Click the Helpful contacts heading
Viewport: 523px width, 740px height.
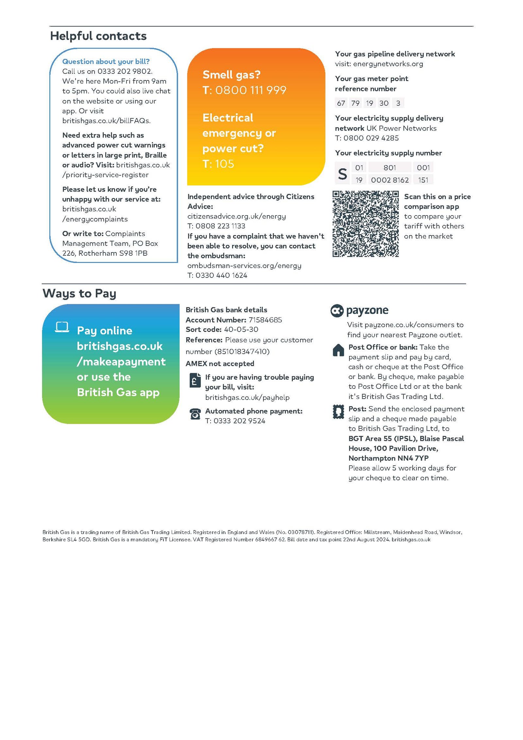click(x=98, y=36)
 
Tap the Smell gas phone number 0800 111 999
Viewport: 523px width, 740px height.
click(x=251, y=90)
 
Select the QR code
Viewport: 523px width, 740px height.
click(x=365, y=224)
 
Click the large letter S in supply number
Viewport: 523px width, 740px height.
click(x=342, y=174)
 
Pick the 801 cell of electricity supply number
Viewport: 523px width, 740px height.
click(x=390, y=168)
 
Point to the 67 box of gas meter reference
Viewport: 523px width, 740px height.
click(x=341, y=103)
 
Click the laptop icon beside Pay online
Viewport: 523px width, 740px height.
click(x=62, y=327)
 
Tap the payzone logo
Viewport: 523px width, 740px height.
click(x=359, y=310)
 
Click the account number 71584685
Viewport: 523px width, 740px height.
click(x=265, y=320)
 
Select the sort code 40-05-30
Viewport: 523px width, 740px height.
click(x=241, y=330)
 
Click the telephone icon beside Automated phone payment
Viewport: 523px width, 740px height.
click(x=195, y=414)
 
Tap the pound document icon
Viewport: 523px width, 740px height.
click(x=195, y=381)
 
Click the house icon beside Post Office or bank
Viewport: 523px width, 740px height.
click(x=338, y=350)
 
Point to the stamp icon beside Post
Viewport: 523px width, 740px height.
click(x=338, y=412)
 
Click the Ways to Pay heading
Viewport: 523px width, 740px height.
click(x=79, y=293)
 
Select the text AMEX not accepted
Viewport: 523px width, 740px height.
click(x=220, y=364)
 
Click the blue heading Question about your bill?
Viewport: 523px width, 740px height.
click(x=106, y=61)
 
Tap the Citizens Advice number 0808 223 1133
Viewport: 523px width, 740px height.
click(x=220, y=226)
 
